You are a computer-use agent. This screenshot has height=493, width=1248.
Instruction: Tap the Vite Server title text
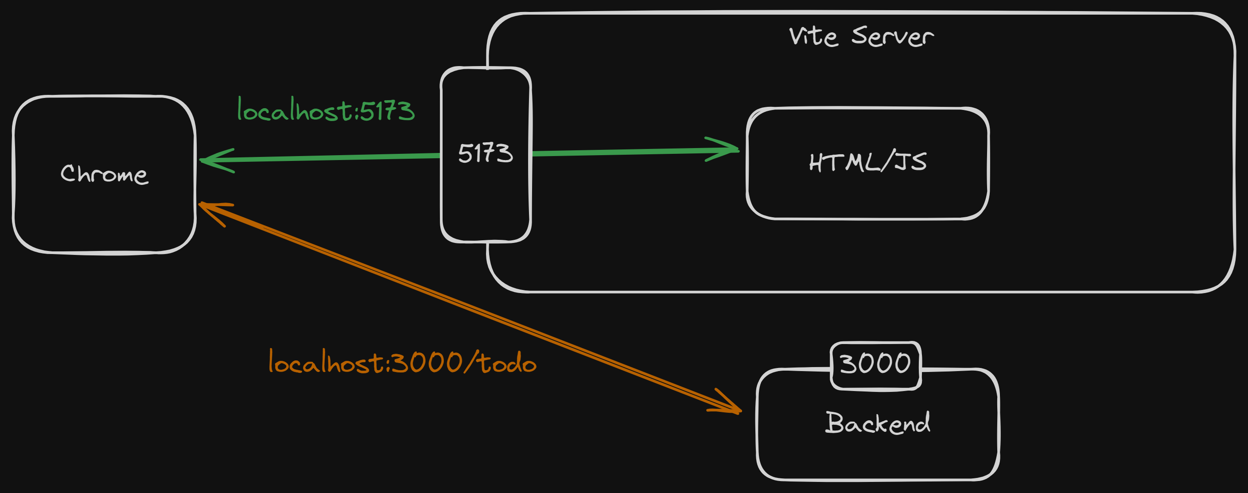(861, 36)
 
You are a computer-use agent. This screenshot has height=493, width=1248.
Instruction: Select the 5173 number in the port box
(486, 154)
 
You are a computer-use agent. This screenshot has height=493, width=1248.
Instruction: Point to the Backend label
(877, 423)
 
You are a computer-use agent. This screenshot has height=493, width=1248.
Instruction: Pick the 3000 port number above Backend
(875, 364)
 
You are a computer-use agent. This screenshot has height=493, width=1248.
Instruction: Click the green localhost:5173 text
(326, 110)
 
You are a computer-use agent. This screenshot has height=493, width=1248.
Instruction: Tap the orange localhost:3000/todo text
(402, 363)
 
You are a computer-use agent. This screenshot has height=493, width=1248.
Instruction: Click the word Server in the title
(892, 36)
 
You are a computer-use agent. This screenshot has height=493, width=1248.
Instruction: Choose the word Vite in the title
(813, 36)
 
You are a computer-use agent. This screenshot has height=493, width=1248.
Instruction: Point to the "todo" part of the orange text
(508, 363)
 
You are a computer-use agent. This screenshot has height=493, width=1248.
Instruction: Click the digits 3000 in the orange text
(426, 363)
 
